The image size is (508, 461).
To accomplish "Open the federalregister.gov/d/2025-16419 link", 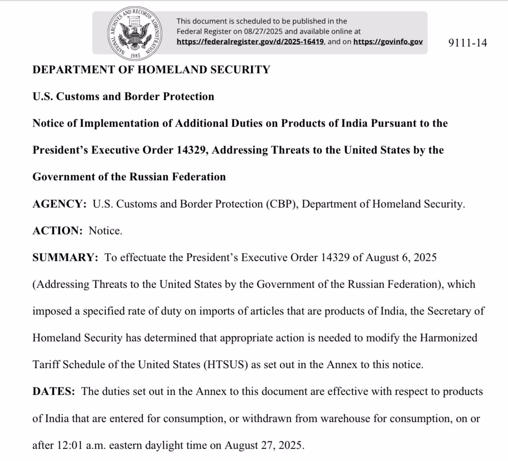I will coord(250,42).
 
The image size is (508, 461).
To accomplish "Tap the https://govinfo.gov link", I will coord(388,42).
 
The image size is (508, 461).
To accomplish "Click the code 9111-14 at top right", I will coord(467,43).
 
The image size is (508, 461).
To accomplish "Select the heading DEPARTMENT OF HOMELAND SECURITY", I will coord(151,70).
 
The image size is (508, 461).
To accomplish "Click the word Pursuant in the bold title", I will coord(393,123).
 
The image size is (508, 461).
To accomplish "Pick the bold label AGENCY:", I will coord(59,204).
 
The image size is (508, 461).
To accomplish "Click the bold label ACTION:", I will coord(57,231).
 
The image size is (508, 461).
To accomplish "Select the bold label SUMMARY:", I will coord(65,257).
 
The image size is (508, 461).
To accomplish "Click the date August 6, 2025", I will coord(401,257).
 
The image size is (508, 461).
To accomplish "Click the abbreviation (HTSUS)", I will coord(226,365).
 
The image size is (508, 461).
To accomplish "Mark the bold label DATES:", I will coord(54,391).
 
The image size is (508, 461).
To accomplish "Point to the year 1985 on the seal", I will coord(135,56).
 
